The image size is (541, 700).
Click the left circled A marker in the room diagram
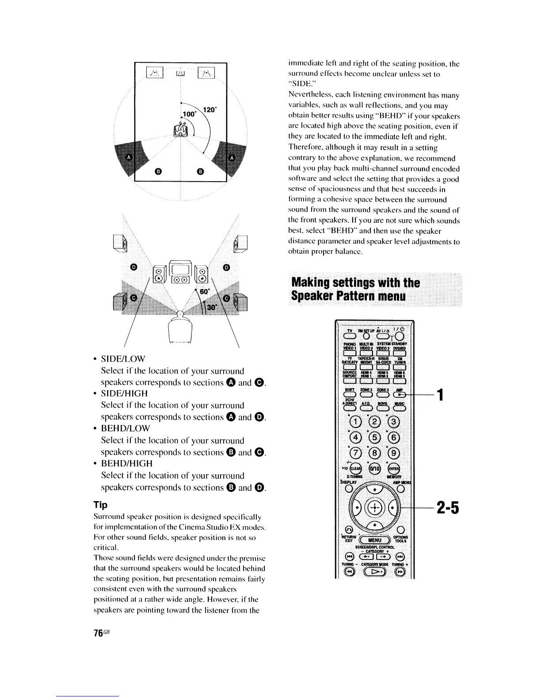[x=130, y=157]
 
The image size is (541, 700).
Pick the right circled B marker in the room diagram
[x=200, y=171]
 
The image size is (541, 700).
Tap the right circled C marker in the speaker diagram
[x=228, y=299]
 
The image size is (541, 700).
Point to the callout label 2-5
[x=448, y=508]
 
